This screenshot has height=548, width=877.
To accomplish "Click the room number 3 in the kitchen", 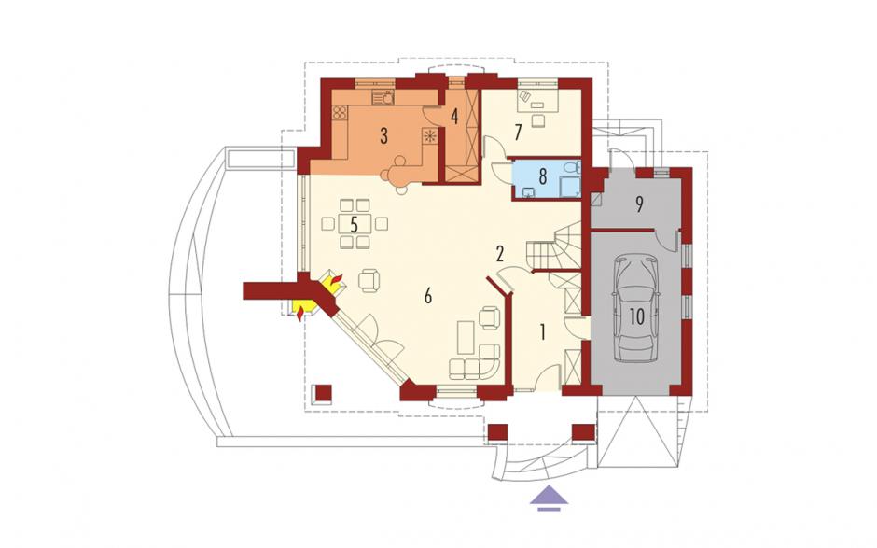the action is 383,136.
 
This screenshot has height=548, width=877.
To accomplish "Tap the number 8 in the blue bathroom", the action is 542,176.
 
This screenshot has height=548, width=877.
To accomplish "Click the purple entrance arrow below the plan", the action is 550,499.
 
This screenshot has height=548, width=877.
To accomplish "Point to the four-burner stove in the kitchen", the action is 340,114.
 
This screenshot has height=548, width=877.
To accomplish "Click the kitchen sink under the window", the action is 383,98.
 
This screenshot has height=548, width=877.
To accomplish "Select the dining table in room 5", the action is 355,224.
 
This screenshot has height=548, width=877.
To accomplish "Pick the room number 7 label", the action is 518,133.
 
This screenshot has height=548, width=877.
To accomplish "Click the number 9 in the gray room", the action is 639,204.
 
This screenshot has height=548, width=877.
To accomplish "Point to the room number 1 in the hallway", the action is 542,332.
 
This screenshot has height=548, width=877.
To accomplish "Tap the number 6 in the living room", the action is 428,296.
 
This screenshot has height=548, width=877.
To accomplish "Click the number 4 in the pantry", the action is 454,117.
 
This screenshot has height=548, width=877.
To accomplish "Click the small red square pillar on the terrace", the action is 323,393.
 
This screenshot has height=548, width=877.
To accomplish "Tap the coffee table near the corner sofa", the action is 466,338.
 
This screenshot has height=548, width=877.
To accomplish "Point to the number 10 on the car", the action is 636,316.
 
